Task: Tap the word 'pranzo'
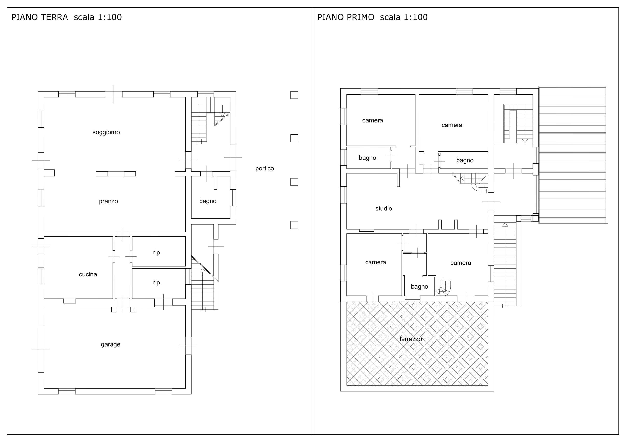pyautogui.click(x=108, y=201)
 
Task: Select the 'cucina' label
pyautogui.click(x=88, y=274)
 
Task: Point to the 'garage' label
pyautogui.click(x=111, y=345)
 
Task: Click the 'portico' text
pyautogui.click(x=265, y=168)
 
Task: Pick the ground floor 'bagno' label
pyautogui.click(x=208, y=201)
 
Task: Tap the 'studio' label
pyautogui.click(x=383, y=209)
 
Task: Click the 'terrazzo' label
pyautogui.click(x=411, y=339)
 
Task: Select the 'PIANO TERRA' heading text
pyautogui.click(x=40, y=17)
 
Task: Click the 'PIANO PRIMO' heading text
pyautogui.click(x=346, y=17)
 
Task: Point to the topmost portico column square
pyautogui.click(x=294, y=95)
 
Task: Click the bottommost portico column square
pyautogui.click(x=294, y=225)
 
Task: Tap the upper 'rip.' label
pyautogui.click(x=157, y=253)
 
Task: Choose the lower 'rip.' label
pyautogui.click(x=157, y=282)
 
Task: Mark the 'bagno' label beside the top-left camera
pyautogui.click(x=367, y=158)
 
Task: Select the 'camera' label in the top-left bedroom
pyautogui.click(x=372, y=120)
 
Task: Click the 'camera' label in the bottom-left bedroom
pyautogui.click(x=375, y=262)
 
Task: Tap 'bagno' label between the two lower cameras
pyautogui.click(x=419, y=286)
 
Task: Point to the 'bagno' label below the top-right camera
pyautogui.click(x=465, y=160)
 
